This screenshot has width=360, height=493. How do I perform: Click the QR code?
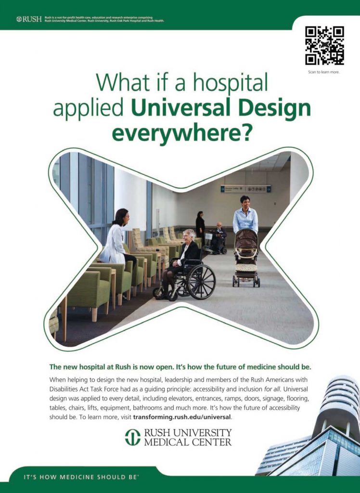click(324, 46)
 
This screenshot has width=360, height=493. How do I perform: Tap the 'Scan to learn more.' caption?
click(324, 72)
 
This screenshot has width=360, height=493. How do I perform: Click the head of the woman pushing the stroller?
click(244, 203)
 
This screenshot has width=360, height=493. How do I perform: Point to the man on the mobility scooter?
click(219, 237)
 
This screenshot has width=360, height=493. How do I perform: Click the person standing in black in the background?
click(200, 225)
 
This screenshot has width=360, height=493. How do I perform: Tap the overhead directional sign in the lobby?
click(245, 189)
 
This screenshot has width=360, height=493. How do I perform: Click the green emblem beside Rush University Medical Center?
click(133, 437)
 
